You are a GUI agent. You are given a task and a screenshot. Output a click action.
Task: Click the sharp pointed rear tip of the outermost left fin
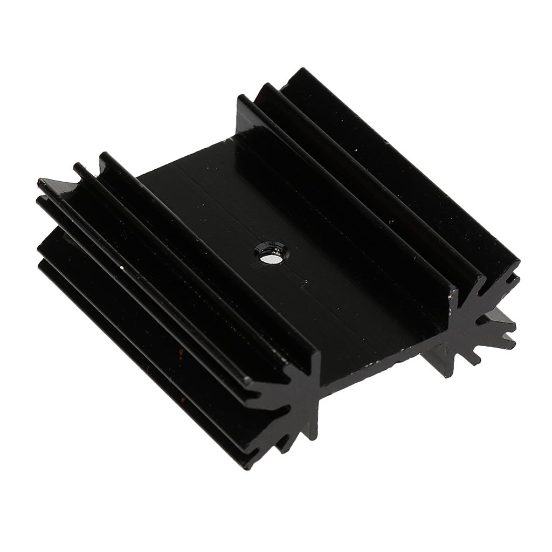coord(39,182)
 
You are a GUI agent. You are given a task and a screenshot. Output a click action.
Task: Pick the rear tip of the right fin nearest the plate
coord(240,97)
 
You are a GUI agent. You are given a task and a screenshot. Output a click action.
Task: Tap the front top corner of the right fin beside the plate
coord(456,292)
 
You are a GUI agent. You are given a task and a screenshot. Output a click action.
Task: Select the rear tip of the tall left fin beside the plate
coord(102,155)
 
